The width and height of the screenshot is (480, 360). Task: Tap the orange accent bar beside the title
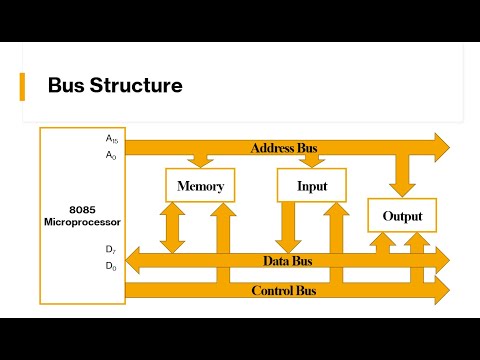tap(23, 86)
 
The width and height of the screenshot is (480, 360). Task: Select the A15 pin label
tap(112, 140)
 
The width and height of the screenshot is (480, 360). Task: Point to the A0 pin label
tap(111, 155)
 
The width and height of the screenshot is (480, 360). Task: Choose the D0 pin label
tap(111, 267)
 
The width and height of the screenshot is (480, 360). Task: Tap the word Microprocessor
tap(81, 220)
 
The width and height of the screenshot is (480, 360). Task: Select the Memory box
tap(200, 186)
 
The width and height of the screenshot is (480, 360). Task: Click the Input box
tap(311, 186)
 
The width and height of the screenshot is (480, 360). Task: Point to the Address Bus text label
tap(283, 148)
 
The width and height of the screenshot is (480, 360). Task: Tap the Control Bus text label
tap(283, 291)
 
